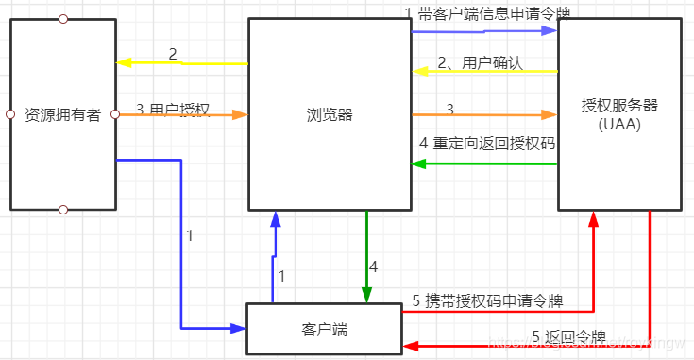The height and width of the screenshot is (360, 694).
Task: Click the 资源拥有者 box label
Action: click(62, 114)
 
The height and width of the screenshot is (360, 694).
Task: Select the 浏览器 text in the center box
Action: click(330, 114)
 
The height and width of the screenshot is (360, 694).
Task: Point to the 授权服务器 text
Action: click(619, 104)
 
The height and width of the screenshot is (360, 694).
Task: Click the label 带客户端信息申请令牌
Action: click(492, 13)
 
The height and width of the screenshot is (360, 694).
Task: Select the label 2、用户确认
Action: click(480, 63)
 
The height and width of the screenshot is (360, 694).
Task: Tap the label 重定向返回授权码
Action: click(493, 144)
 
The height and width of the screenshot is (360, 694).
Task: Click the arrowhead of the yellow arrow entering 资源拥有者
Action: click(121, 63)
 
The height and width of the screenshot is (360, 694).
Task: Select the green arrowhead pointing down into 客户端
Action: click(365, 296)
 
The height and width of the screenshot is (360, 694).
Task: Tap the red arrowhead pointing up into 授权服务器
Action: click(594, 217)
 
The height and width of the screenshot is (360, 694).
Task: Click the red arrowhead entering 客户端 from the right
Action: click(409, 347)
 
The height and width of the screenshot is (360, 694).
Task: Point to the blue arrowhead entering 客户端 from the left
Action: click(239, 328)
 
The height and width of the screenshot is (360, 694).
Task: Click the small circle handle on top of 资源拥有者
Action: click(62, 18)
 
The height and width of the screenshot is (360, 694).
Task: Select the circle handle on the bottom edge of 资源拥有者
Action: click(62, 210)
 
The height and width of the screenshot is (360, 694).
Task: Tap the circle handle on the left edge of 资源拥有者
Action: click(9, 114)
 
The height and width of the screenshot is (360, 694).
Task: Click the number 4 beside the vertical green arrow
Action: click(373, 267)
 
